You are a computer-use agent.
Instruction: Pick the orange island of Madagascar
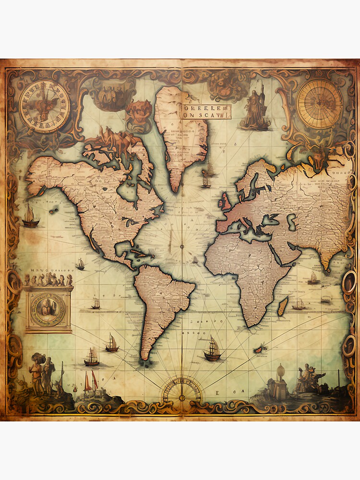(x=283, y=306)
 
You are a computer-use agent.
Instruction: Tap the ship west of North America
(x=30, y=217)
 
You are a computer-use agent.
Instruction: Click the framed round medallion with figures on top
(x=48, y=307)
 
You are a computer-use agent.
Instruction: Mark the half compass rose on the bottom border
(x=181, y=389)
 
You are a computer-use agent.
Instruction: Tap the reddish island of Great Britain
(x=224, y=202)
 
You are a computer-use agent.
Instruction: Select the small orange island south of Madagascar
(x=260, y=349)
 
